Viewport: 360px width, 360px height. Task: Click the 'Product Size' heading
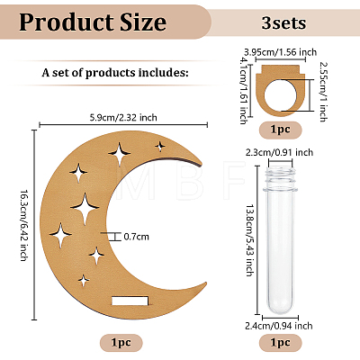click(x=93, y=22)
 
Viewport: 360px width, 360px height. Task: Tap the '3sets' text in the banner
click(x=283, y=22)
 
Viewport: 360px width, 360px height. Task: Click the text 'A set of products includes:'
click(x=115, y=73)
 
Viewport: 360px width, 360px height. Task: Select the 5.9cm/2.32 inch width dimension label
click(x=123, y=117)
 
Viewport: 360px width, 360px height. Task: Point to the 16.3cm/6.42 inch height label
click(x=24, y=225)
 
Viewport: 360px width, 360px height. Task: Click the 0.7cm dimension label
click(x=137, y=237)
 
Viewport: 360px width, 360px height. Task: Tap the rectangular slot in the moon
click(x=130, y=301)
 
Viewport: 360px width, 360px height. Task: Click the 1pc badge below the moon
click(x=121, y=343)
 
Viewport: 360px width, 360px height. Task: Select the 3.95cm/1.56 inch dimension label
click(x=280, y=52)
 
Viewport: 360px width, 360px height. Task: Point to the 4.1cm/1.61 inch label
click(x=243, y=91)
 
